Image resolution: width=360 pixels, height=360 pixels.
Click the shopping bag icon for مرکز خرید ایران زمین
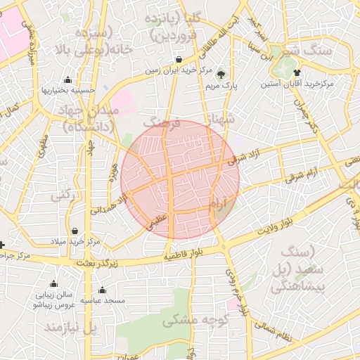pyautogui.click(x=180, y=59)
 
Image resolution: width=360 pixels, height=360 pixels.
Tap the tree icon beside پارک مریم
pyautogui.click(x=221, y=73)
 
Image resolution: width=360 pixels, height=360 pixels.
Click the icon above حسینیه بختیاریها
pyautogui.click(x=67, y=80)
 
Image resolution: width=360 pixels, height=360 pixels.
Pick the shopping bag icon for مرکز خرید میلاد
pyautogui.click(x=75, y=231)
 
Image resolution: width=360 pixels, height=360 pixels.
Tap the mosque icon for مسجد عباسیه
pyautogui.click(x=102, y=290)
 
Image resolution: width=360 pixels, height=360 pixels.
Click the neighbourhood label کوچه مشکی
pyautogui.click(x=189, y=321)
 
